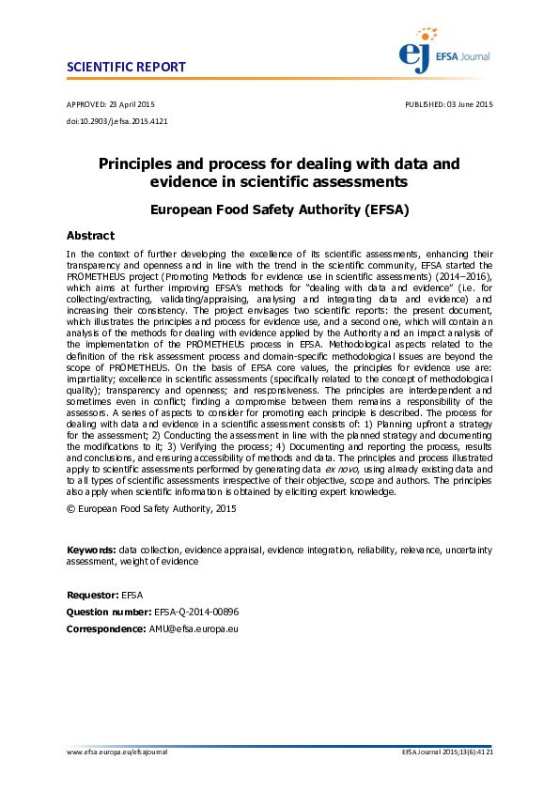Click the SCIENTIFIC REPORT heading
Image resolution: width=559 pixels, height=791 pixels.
pyautogui.click(x=126, y=68)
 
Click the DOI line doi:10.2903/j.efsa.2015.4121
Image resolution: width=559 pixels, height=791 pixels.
pyautogui.click(x=117, y=120)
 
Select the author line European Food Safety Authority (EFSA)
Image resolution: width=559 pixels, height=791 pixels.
pyautogui.click(x=279, y=210)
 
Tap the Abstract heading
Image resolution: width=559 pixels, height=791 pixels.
pyautogui.click(x=90, y=236)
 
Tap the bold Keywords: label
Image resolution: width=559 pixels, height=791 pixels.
pyautogui.click(x=91, y=549)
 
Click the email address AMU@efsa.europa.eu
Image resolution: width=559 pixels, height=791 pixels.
pyautogui.click(x=194, y=627)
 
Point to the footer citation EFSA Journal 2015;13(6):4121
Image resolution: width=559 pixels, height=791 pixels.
pyautogui.click(x=447, y=752)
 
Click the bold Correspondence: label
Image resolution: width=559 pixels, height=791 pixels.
pyautogui.click(x=106, y=627)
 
